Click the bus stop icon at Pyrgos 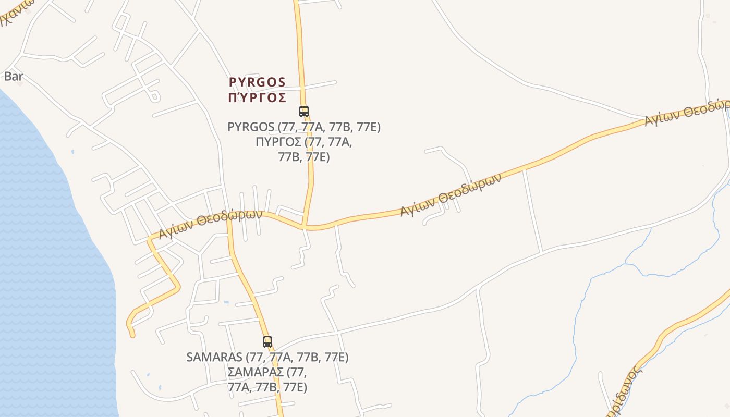pyautogui.click(x=303, y=111)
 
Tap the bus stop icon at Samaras pyautogui.click(x=267, y=342)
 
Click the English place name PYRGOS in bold pyautogui.click(x=257, y=82)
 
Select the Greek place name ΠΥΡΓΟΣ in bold pyautogui.click(x=257, y=98)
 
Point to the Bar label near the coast pyautogui.click(x=14, y=77)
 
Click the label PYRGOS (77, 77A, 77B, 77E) pyautogui.click(x=304, y=127)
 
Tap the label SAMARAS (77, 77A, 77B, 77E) pyautogui.click(x=267, y=357)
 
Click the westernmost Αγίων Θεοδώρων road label pyautogui.click(x=210, y=224)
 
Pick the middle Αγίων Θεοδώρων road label pyautogui.click(x=451, y=194)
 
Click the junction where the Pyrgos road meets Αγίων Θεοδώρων pyautogui.click(x=305, y=227)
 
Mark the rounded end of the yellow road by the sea pyautogui.click(x=131, y=334)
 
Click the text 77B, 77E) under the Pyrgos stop pyautogui.click(x=304, y=157)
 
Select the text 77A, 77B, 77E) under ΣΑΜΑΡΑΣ pyautogui.click(x=267, y=387)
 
